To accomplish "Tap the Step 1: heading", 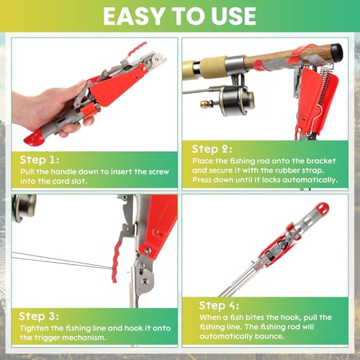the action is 40,160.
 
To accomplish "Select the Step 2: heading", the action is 212,149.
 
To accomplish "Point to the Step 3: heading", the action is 39,316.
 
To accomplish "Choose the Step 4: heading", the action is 219,305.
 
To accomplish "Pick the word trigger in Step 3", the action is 45,338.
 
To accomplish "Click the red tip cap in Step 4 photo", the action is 322,208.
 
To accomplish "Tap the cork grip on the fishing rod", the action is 214,68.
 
